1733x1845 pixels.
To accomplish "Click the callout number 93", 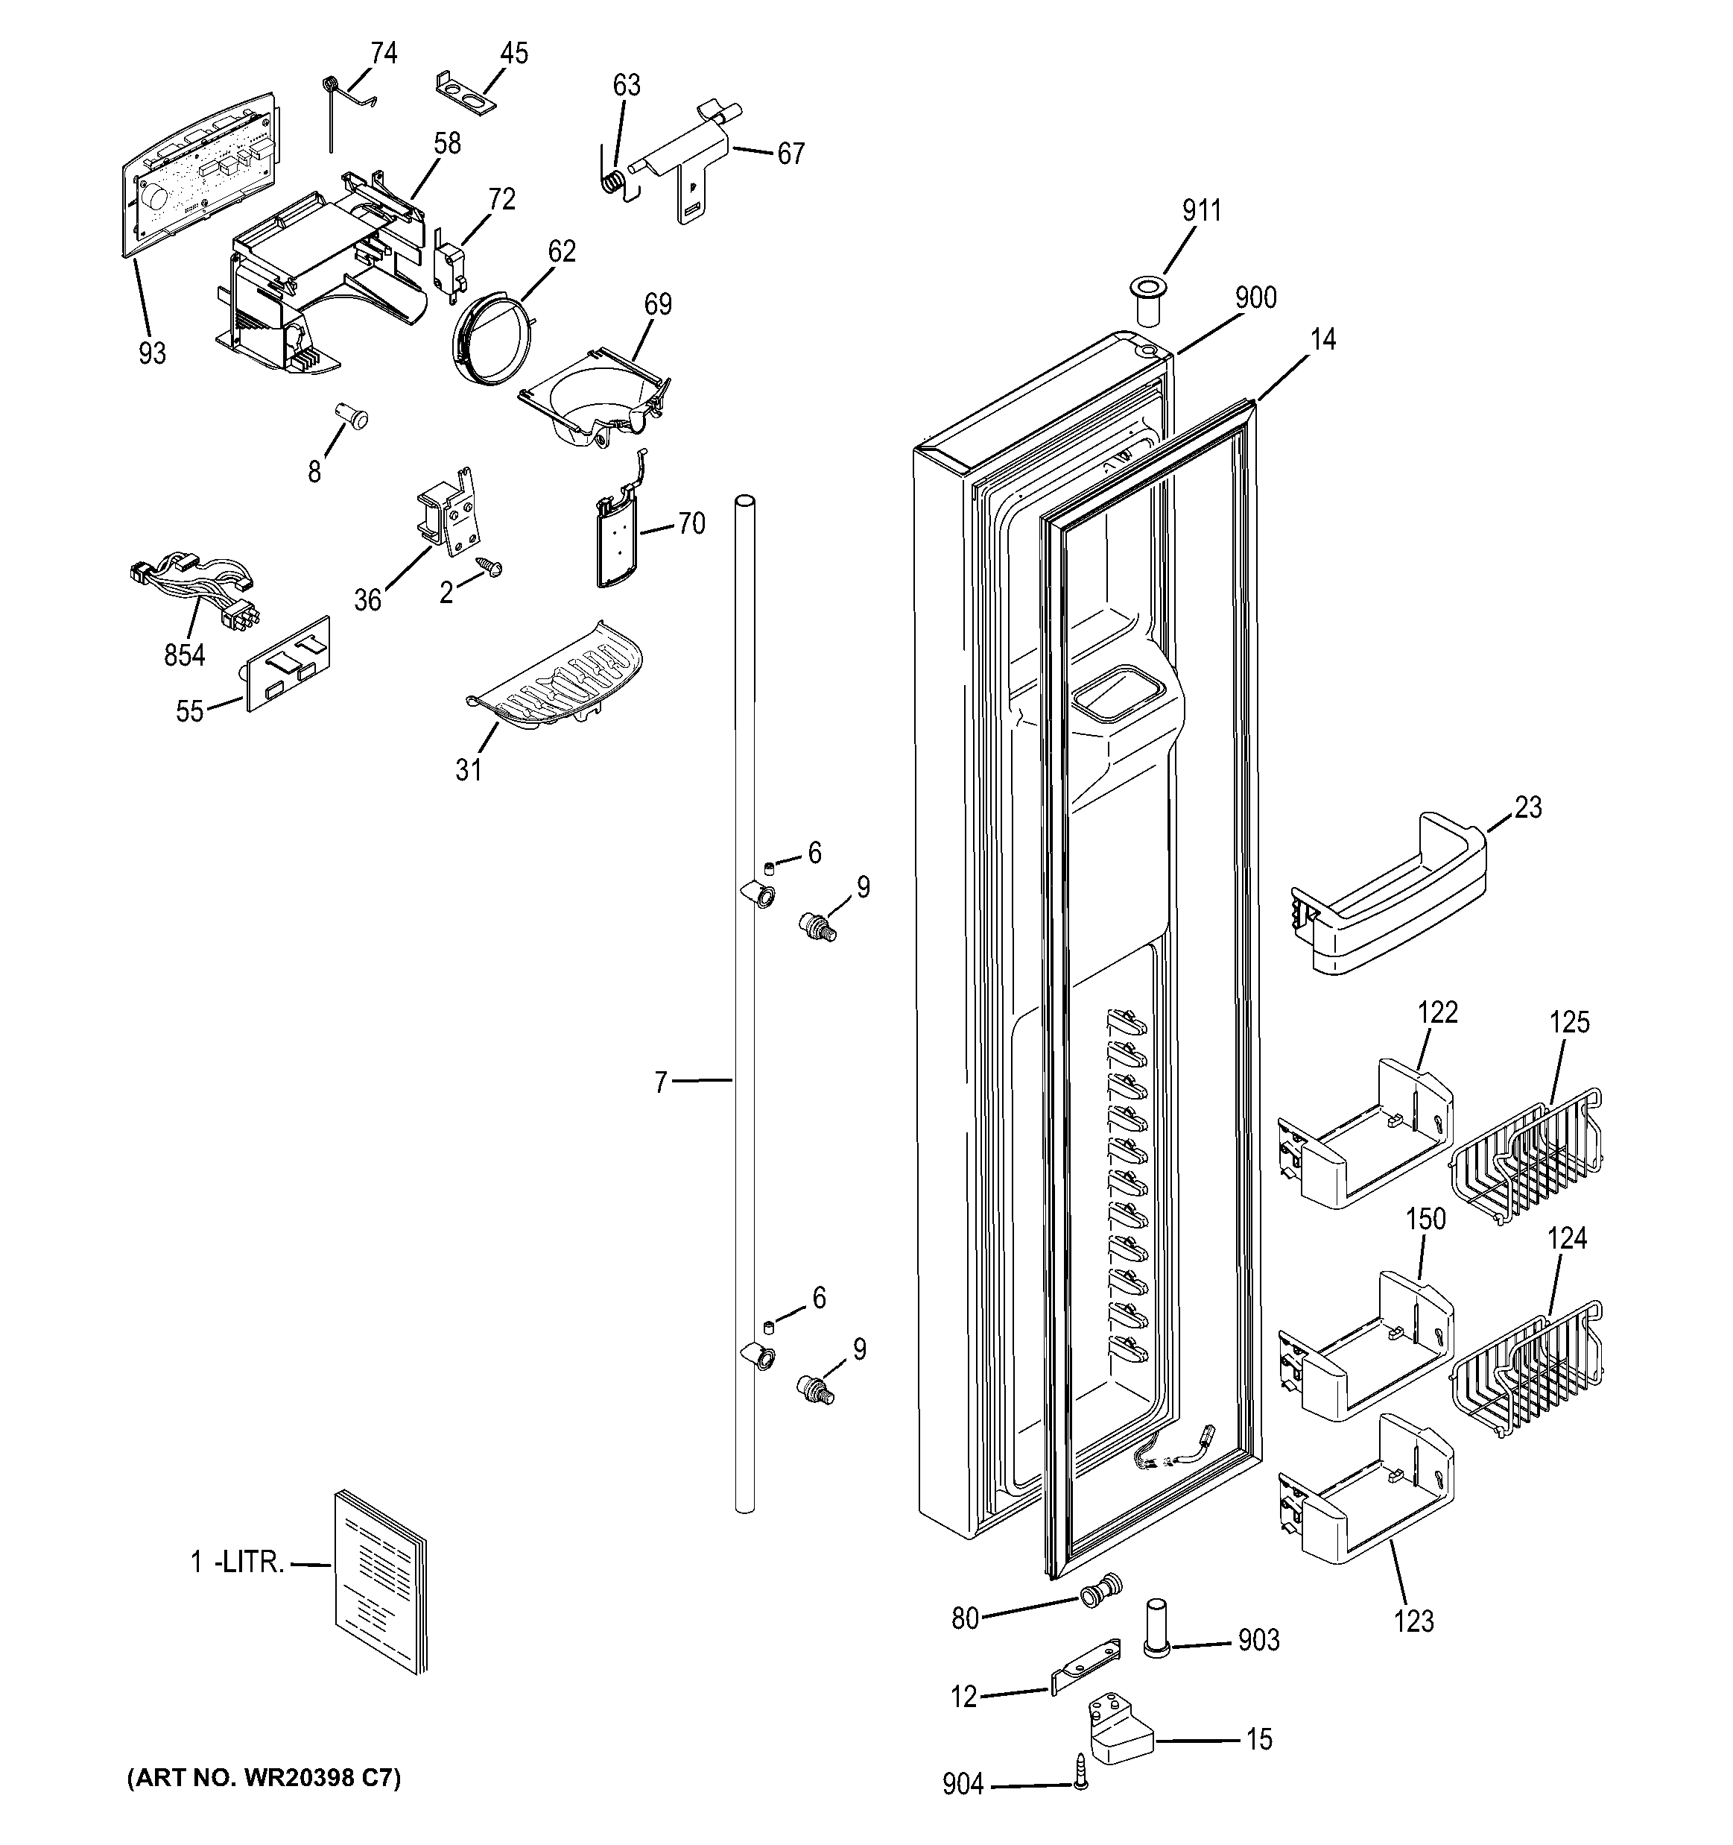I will tap(152, 353).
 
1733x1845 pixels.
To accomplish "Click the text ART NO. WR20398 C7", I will tap(264, 1778).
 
